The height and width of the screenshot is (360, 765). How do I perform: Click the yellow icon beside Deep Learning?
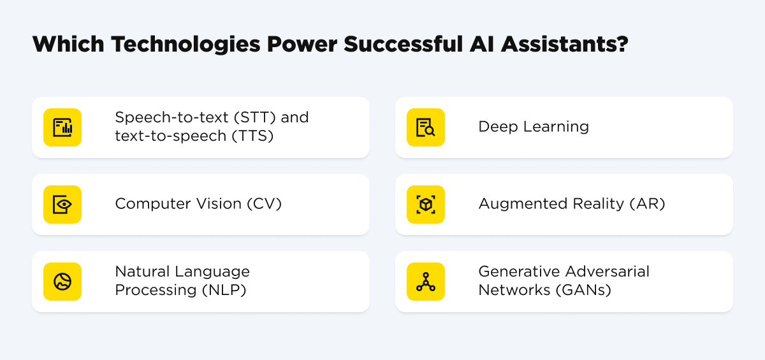coord(426,127)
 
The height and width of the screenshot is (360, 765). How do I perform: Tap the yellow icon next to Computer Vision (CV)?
coord(62,205)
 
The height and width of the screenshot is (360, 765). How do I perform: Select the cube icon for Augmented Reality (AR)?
coord(426,205)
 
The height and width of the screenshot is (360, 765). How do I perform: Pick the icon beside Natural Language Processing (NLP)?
coord(62,282)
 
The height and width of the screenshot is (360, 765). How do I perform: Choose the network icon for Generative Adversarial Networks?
coord(426,282)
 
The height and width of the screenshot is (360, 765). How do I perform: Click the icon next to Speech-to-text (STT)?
coord(62,127)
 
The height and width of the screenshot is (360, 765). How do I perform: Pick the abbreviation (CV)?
coord(264,204)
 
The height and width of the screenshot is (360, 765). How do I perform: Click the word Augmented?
coord(515,204)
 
